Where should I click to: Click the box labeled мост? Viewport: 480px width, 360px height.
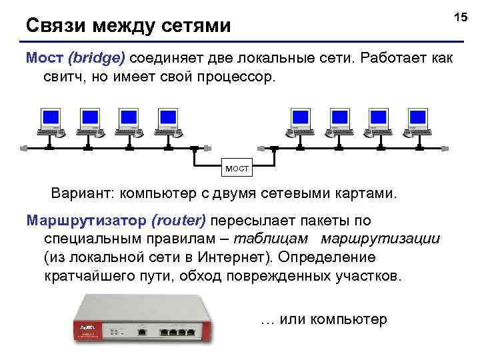(x=237, y=169)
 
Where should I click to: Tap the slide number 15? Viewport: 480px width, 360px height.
(x=461, y=16)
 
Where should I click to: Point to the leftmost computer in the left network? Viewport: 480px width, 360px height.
(x=49, y=121)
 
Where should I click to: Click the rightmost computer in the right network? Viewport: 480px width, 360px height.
(x=417, y=121)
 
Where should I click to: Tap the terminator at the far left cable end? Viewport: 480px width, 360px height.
(x=24, y=145)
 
